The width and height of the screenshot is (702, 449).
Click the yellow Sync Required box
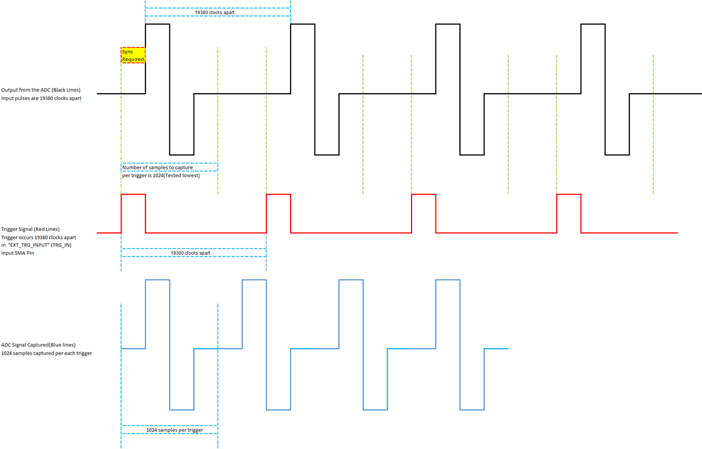click(x=133, y=55)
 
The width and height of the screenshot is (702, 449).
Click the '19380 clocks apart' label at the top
click(x=215, y=12)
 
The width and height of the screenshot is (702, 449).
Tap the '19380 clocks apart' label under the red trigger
click(x=191, y=252)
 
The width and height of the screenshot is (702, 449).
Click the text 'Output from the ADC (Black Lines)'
click(x=41, y=90)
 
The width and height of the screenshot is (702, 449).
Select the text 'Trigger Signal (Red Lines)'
click(x=30, y=229)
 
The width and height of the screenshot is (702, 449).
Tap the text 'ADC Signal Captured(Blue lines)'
click(x=38, y=344)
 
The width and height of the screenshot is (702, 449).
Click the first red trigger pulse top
click(x=134, y=195)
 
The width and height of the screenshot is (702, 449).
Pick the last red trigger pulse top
click(x=569, y=195)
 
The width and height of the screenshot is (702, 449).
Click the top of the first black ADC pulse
click(x=158, y=25)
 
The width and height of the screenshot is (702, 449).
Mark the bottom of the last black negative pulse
click(x=618, y=155)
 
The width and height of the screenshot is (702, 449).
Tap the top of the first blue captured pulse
click(x=158, y=280)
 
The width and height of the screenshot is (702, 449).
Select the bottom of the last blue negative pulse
click(x=472, y=410)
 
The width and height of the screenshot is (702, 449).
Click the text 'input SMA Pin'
click(x=18, y=252)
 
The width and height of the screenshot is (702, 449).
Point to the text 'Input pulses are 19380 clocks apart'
click(x=45, y=98)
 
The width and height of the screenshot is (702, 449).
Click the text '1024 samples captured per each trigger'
click(x=47, y=353)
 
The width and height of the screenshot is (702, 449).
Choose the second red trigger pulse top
click(x=279, y=195)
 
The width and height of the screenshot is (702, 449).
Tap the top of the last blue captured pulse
click(x=447, y=280)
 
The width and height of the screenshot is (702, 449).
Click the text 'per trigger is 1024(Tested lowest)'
click(x=161, y=175)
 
